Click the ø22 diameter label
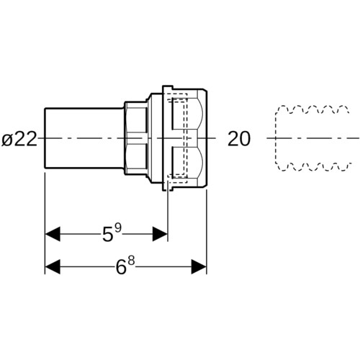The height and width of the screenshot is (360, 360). click(19, 139)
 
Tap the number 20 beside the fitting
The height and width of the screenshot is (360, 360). click(239, 139)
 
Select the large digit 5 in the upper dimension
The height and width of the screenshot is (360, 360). click(107, 234)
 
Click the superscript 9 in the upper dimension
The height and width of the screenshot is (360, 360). click(118, 228)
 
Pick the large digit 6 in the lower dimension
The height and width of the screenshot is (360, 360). click(121, 266)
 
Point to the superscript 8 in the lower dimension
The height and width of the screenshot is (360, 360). click(131, 261)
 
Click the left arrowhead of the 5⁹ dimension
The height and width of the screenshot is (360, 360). click(53, 233)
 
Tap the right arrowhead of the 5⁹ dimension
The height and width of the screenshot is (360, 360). click(160, 233)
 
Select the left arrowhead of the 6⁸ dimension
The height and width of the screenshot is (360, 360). click(53, 266)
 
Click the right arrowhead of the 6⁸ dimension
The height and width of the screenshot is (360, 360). click(199, 266)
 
